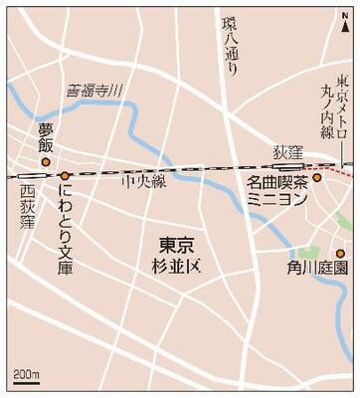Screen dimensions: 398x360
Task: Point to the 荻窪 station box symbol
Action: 288,167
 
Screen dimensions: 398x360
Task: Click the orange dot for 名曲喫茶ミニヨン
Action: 317,180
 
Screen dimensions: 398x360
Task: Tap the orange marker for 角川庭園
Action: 339,253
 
